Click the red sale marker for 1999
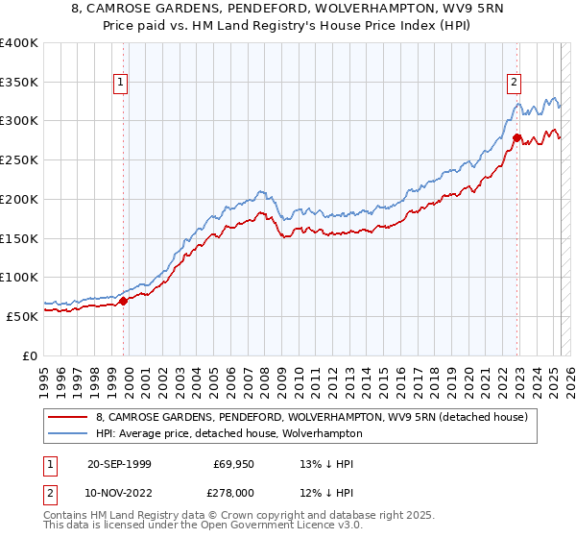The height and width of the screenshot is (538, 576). (x=124, y=301)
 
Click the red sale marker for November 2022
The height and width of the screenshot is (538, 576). (x=516, y=138)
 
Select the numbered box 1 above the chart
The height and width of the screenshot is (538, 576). (x=121, y=83)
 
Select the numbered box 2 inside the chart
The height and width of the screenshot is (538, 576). (x=515, y=83)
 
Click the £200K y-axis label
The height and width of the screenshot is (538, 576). (x=20, y=199)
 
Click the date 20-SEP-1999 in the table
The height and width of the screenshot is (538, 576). (x=119, y=464)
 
